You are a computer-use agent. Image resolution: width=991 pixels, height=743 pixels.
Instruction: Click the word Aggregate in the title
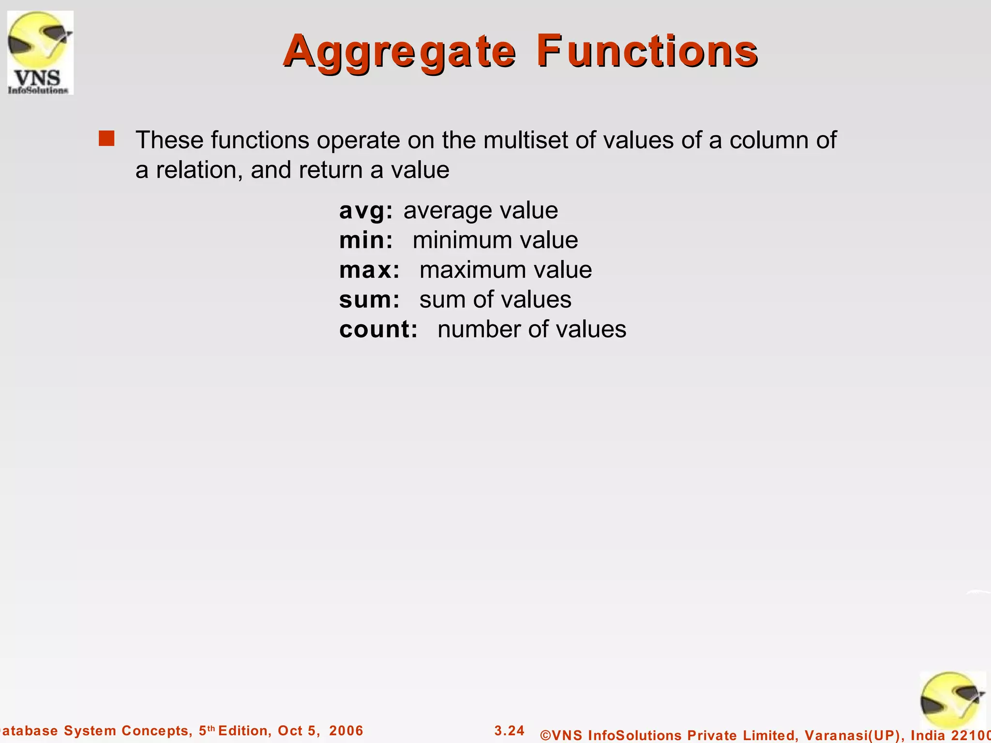(400, 51)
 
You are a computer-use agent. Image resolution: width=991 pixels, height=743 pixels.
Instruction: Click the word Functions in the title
(647, 51)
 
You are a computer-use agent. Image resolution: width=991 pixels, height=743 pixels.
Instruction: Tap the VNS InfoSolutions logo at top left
(40, 52)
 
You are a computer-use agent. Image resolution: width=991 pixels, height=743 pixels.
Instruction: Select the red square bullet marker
(106, 138)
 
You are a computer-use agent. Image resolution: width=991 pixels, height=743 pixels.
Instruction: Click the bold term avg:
(366, 210)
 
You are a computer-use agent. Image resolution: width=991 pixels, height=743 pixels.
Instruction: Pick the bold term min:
(366, 240)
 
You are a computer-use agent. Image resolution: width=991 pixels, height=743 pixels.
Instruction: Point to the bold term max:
(369, 270)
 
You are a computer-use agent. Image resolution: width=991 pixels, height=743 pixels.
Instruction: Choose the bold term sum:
(369, 299)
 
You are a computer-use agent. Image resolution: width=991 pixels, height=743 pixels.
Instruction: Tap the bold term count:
(378, 329)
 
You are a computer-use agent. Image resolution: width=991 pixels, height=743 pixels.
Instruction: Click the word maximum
(467, 270)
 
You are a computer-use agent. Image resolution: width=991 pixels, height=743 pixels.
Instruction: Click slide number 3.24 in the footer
(510, 730)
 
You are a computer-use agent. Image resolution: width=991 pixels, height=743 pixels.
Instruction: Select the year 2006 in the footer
(346, 731)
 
